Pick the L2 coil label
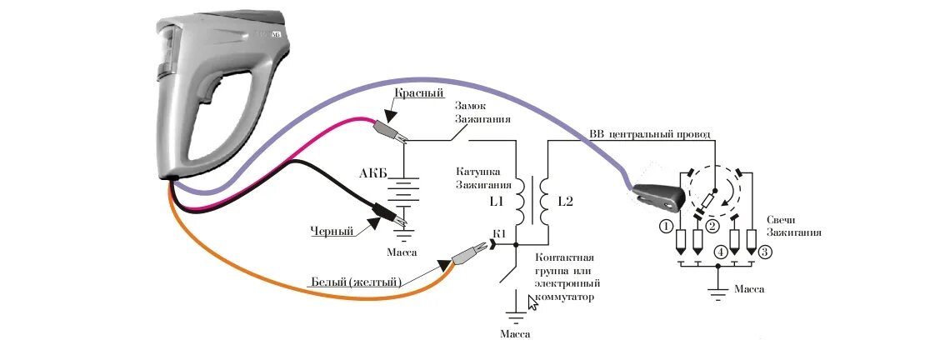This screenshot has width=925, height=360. (565, 202)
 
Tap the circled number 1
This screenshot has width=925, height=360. (665, 225)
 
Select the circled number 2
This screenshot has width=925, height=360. (712, 226)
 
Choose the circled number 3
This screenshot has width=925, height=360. (766, 251)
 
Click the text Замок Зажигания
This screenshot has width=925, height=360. (482, 112)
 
